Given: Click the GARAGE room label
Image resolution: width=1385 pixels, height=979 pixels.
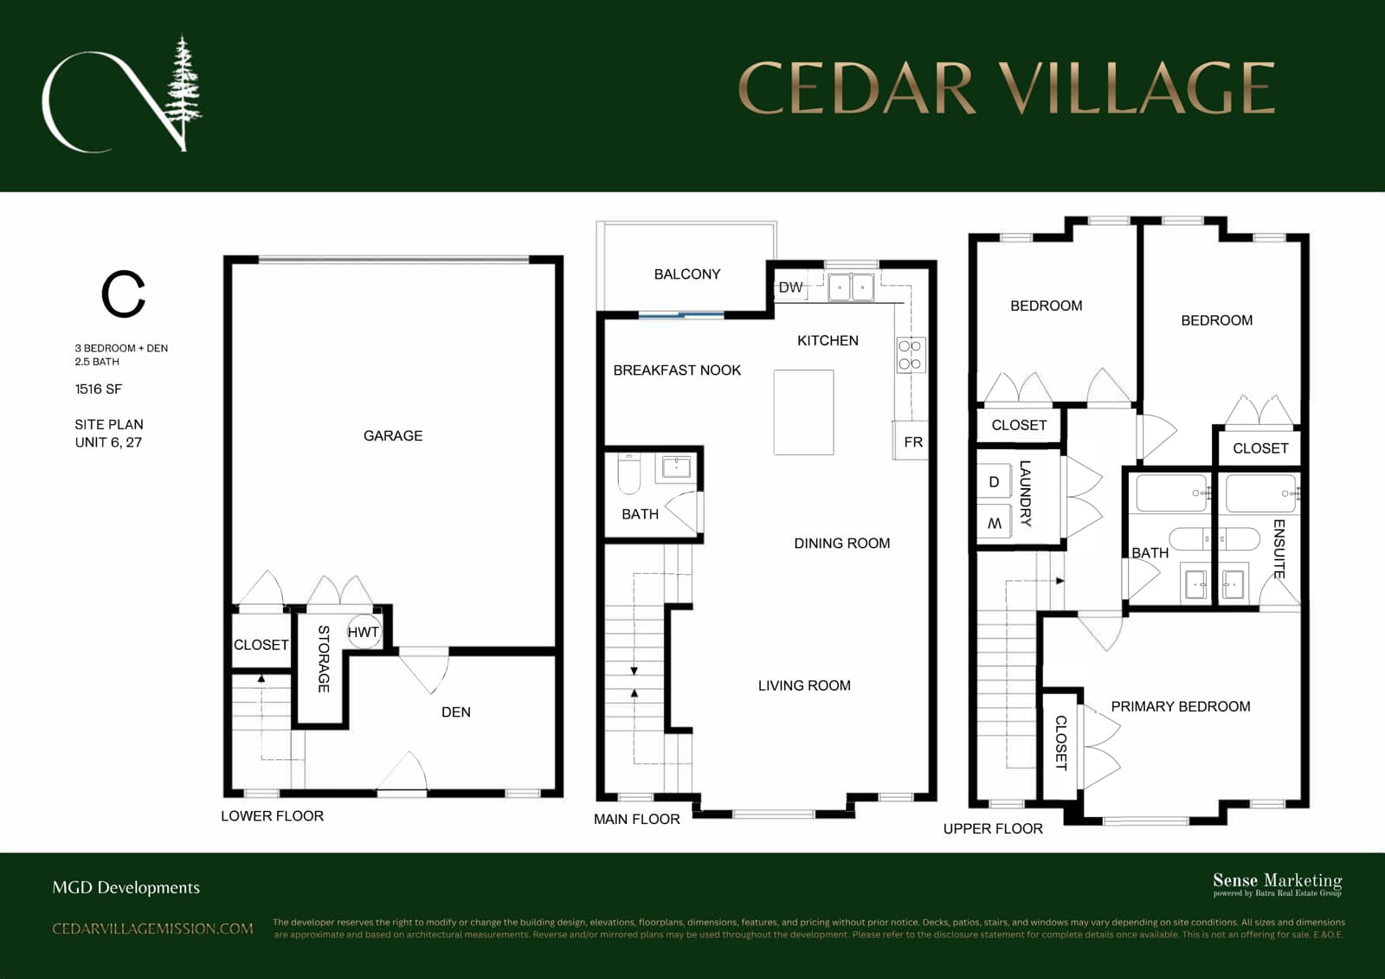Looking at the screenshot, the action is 393,436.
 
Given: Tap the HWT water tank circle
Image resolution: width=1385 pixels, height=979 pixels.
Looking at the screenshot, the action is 364,632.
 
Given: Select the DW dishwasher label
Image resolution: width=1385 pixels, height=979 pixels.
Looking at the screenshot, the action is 790,287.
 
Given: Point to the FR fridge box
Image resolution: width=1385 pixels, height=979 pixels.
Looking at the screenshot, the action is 911,441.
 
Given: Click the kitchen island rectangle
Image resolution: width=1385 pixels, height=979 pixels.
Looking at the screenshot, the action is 804,413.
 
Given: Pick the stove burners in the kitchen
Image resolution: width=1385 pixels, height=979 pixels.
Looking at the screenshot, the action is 912,355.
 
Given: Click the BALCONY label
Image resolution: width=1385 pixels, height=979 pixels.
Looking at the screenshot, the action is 687,274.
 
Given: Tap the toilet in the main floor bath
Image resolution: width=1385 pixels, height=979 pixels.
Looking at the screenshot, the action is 629,473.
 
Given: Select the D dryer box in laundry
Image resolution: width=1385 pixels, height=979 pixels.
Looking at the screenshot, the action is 995,482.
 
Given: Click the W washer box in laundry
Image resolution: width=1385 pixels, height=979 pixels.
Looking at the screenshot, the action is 995,523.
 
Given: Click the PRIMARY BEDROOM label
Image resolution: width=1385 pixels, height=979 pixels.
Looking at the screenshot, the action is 1181,706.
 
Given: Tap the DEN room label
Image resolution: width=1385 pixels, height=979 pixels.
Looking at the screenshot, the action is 455,712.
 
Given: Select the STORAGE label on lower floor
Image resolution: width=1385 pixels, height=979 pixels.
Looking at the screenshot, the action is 324,659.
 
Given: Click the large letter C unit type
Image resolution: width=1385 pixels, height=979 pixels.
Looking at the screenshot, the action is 123,293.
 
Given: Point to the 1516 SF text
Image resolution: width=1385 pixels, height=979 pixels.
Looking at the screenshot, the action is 99,389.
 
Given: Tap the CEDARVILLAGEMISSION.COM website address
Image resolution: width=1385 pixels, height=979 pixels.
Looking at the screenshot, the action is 152,929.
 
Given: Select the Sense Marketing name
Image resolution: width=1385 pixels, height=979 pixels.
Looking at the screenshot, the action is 1278,880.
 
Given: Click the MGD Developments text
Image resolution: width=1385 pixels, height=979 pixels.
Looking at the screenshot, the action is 126,887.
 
